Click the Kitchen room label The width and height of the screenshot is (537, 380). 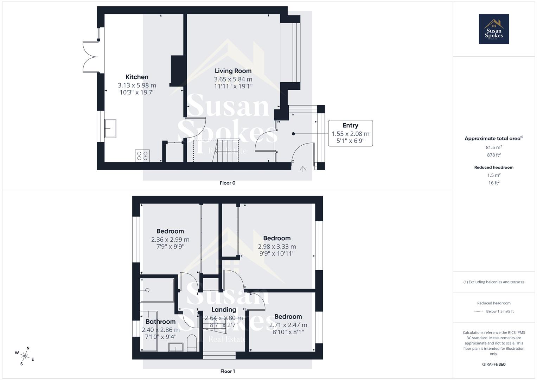tap(137, 77)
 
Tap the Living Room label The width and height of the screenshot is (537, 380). tap(233, 71)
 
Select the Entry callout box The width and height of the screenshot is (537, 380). tap(350, 133)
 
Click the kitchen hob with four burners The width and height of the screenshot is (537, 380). tap(142, 156)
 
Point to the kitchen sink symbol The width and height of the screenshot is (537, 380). tap(110, 128)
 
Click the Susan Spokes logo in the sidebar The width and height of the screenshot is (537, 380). tap(494, 29)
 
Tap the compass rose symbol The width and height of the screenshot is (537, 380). tap(25, 356)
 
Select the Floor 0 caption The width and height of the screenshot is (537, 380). tap(228, 183)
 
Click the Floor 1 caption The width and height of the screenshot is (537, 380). tap(228, 371)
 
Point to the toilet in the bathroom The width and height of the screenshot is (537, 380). tap(192, 343)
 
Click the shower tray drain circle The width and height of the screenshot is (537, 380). tap(147, 290)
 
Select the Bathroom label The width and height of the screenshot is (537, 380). tap(160, 322)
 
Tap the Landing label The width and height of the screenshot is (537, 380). tap(224, 310)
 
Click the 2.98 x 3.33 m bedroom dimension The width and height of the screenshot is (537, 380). tap(277, 247)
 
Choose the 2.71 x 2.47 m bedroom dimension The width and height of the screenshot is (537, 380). tap(288, 325)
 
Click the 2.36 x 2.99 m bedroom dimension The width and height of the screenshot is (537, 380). tap(170, 240)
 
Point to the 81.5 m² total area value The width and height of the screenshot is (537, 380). tap(494, 147)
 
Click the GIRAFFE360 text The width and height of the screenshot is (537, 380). tap(494, 365)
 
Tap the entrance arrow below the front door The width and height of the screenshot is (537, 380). tap(302, 169)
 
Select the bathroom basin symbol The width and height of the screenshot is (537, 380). tap(175, 347)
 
